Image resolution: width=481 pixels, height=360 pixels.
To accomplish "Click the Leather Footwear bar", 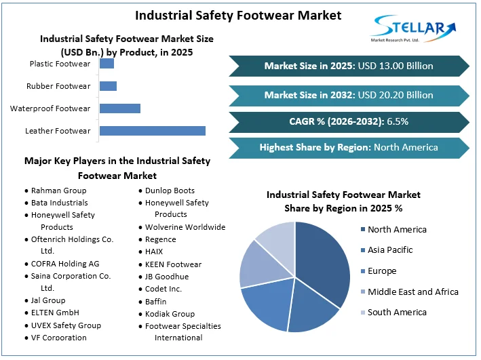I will point(152,131).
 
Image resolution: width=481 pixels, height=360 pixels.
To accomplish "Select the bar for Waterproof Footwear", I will point(119,108).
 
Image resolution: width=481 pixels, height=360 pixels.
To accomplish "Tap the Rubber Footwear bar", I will point(108,86).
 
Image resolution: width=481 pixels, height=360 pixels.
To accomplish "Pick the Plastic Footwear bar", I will point(107,64).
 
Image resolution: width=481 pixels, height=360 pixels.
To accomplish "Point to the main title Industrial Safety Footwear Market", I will point(238,15).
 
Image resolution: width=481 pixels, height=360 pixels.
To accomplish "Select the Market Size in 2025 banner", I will point(349,66).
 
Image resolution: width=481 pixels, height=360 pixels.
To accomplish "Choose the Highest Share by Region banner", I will point(349,147).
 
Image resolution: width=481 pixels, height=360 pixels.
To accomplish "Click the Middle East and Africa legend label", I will point(412,292).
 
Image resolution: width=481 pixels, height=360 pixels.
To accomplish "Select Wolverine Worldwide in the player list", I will point(185,227).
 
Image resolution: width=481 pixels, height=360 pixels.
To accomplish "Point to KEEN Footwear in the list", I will point(173,264).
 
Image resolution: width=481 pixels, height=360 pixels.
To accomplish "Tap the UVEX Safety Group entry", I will point(66,325).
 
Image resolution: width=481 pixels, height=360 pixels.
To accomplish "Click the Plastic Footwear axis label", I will point(60,64).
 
